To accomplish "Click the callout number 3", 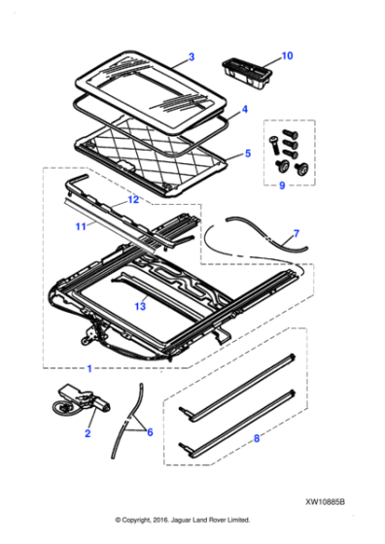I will [191, 57].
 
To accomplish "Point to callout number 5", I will [247, 153].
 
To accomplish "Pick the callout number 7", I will [297, 234].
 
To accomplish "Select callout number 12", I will [134, 199].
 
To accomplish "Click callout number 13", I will [141, 306].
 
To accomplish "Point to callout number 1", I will [90, 370].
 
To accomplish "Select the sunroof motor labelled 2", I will [79, 400].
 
